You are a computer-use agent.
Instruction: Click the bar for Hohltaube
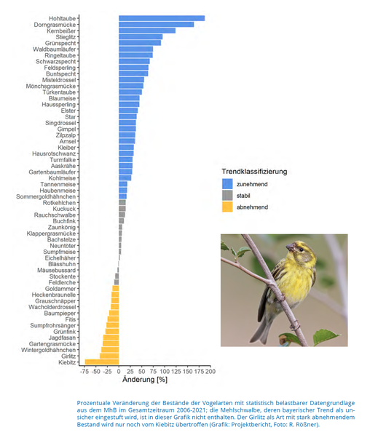[162, 18]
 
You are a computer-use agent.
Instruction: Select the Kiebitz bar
[102, 362]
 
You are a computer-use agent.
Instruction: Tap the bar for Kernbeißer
[147, 31]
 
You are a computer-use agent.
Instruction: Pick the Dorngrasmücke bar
[156, 25]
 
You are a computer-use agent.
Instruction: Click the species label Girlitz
[68, 356]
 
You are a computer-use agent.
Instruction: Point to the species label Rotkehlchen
[60, 203]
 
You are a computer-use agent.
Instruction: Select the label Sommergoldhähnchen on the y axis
[46, 196]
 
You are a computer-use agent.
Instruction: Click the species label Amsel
[68, 141]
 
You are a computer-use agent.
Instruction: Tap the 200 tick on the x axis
[210, 371]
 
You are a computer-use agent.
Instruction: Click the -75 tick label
[84, 371]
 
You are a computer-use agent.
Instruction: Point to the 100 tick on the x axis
[165, 371]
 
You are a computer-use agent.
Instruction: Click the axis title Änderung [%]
[145, 380]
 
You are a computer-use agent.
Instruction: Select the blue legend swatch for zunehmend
[227, 184]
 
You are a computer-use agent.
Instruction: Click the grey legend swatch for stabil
[227, 196]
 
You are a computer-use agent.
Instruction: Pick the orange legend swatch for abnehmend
[227, 207]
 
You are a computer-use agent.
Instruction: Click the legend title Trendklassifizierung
[254, 172]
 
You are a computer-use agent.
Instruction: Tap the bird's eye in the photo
[301, 250]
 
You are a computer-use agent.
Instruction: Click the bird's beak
[291, 248]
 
